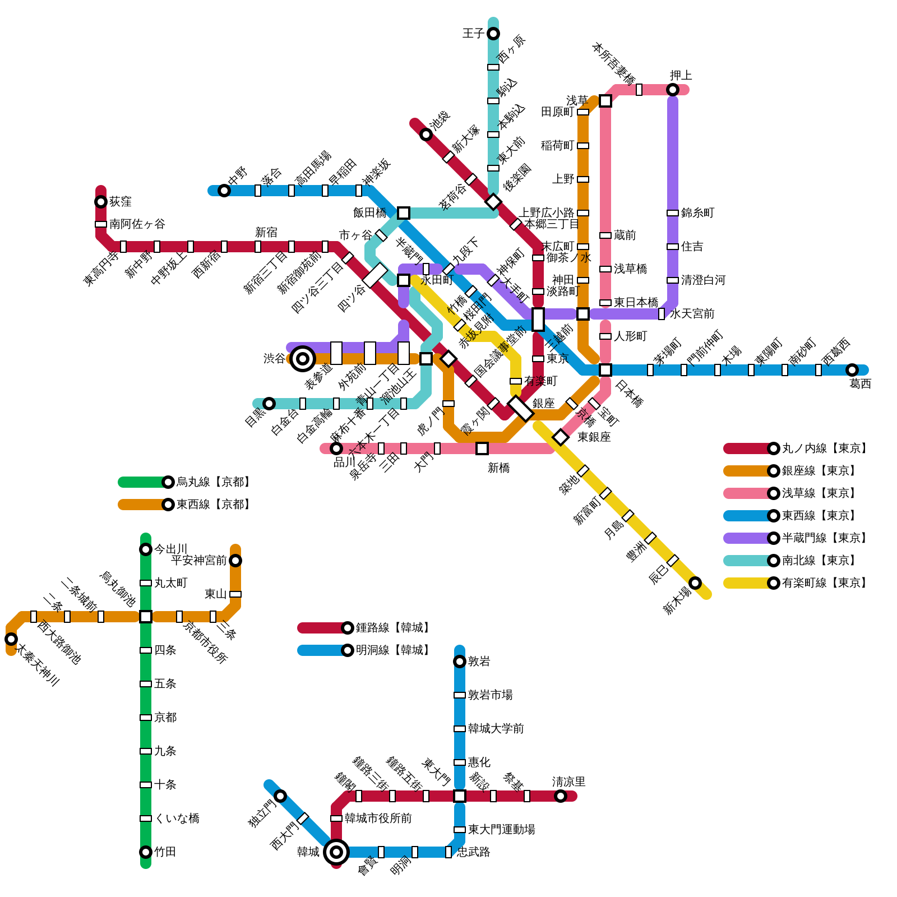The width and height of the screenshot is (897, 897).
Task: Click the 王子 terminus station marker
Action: (493, 34)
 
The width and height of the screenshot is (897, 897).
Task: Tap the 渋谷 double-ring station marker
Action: (303, 359)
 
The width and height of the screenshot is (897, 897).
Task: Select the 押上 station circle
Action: (673, 90)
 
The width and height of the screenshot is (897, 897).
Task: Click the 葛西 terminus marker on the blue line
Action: (852, 370)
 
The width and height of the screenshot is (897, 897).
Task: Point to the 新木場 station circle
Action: (695, 583)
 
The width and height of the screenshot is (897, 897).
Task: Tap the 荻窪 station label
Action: (121, 202)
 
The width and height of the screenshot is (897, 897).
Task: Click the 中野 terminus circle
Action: (224, 191)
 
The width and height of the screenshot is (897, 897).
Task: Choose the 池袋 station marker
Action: (426, 135)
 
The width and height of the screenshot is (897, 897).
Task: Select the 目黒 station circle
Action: (269, 404)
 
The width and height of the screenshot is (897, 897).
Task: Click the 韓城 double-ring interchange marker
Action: (336, 852)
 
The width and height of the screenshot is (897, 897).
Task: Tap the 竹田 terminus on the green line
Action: (146, 852)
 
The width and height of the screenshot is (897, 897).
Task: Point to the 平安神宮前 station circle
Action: (235, 561)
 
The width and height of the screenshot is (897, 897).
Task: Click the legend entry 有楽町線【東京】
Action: (824, 583)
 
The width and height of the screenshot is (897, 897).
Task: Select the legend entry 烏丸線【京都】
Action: (213, 482)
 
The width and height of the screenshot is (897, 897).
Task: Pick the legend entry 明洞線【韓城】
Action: (392, 650)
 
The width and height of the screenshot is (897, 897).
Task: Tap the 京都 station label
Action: (165, 718)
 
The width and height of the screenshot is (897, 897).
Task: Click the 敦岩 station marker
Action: (460, 662)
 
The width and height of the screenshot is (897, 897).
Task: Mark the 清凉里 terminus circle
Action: (561, 796)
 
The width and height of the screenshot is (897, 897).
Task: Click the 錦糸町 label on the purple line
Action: (698, 213)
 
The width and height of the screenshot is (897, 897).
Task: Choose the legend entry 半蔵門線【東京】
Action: (824, 538)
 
